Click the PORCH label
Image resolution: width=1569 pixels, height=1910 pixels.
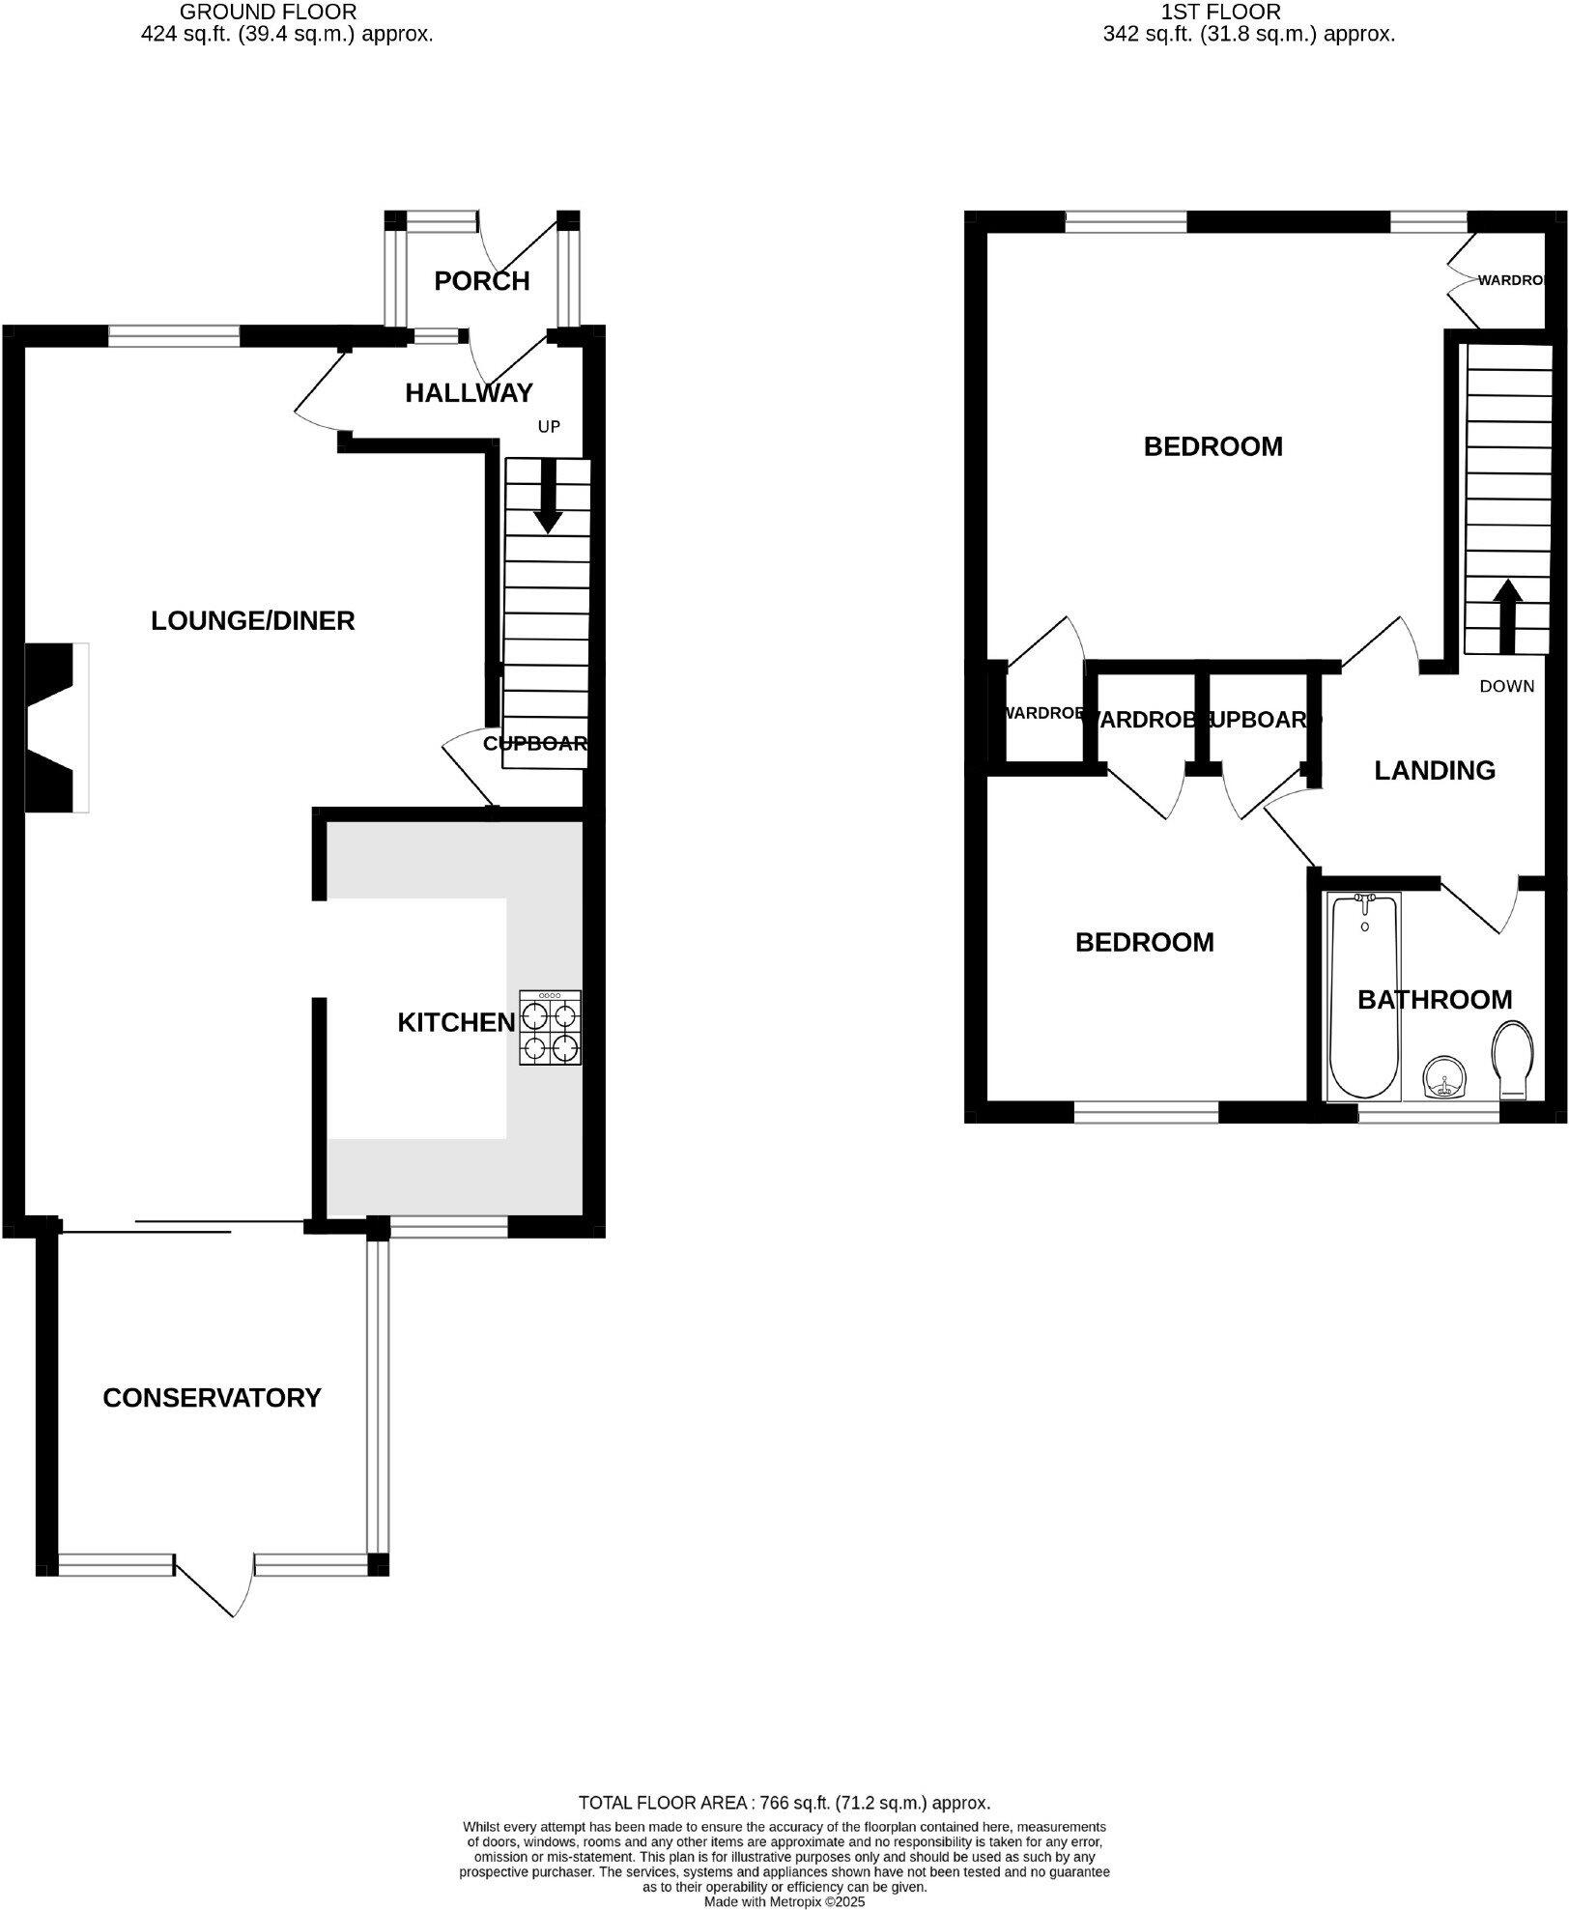tap(481, 281)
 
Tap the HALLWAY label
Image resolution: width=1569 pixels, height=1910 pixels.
tap(469, 393)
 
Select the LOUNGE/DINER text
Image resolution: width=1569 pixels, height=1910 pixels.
tap(253, 620)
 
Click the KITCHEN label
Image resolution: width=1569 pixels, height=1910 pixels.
tap(456, 1022)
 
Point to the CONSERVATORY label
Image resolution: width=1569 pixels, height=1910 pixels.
tap(212, 1398)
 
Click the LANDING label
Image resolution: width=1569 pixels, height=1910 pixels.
tap(1435, 770)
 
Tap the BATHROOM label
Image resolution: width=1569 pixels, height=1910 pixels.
tap(1435, 999)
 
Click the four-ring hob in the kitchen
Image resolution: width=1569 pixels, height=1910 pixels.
tap(551, 1028)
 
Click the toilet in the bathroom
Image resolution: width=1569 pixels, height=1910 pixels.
tap(1513, 1059)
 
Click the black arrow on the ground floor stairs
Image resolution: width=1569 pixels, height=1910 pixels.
tap(548, 496)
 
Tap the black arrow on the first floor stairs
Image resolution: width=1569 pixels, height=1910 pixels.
tap(1508, 614)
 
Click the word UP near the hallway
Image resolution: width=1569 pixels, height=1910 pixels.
tap(549, 426)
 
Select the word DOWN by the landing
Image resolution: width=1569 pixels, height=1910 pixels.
tap(1506, 686)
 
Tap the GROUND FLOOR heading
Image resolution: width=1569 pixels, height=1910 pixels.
tap(269, 13)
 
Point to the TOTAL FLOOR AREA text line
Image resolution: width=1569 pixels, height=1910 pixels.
tap(784, 1802)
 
